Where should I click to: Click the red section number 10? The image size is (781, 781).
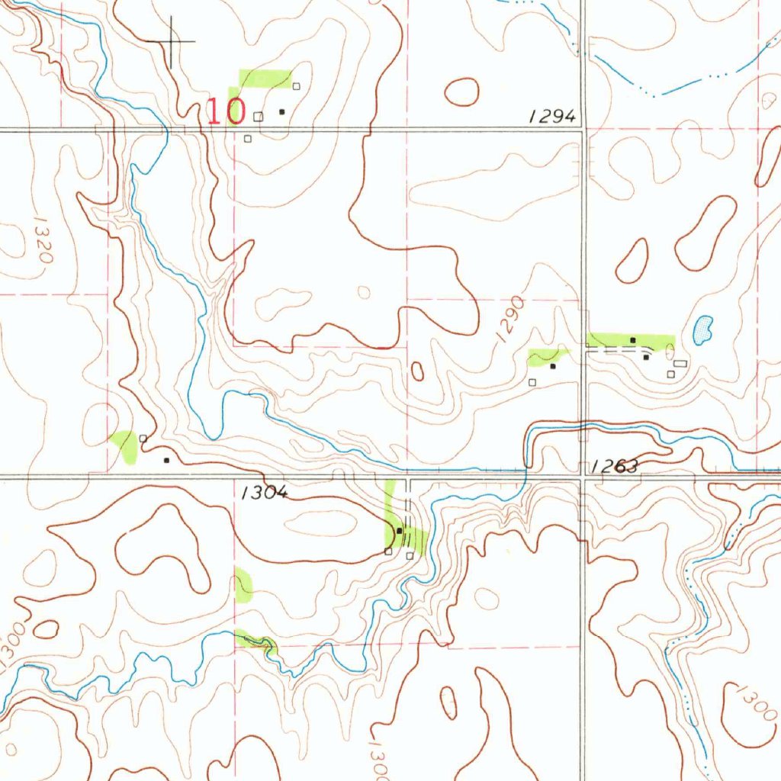227,111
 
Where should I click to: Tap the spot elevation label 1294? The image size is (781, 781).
551,116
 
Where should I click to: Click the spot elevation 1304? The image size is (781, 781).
264,493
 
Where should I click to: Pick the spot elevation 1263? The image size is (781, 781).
615,467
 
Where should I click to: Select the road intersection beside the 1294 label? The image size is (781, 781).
583,130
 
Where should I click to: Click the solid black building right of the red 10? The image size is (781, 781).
282,111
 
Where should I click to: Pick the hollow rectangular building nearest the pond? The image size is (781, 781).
680,364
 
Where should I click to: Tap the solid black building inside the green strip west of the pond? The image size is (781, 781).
633,339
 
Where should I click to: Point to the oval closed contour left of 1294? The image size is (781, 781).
461,92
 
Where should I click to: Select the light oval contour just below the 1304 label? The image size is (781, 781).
325,523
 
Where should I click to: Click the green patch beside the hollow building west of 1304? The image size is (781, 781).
124,446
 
